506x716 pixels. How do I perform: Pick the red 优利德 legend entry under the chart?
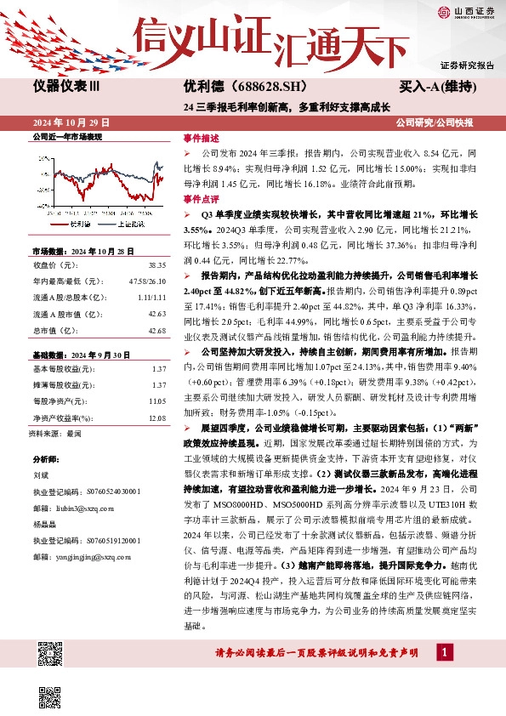pos(72,224)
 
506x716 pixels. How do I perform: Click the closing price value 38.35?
pos(157,265)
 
